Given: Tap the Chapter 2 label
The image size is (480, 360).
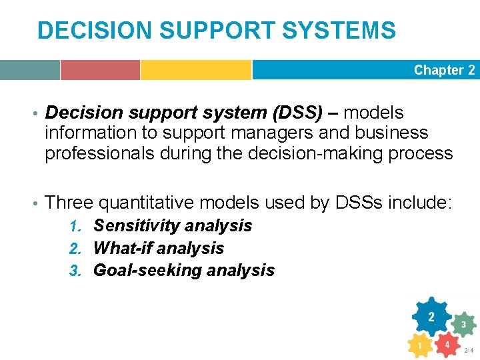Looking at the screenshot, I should tap(444, 70).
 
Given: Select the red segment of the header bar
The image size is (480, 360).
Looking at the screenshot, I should tap(100, 70).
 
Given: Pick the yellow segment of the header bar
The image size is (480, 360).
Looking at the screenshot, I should tap(195, 70).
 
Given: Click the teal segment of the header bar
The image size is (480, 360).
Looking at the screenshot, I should tap(29, 70).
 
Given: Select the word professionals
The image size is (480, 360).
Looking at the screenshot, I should tap(99, 153).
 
